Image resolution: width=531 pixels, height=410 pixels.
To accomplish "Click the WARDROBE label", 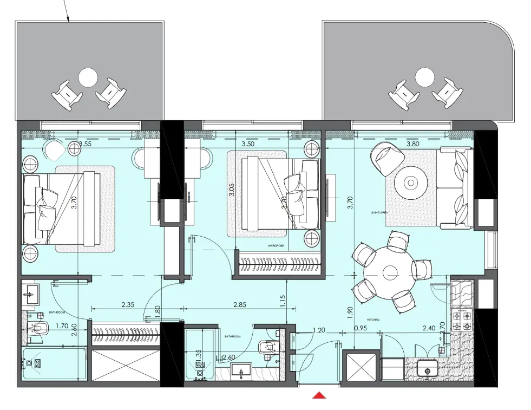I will (x=276, y=245).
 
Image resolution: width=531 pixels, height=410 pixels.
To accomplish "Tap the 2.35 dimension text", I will (x=128, y=305).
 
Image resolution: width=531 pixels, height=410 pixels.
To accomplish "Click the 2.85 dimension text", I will (x=239, y=305).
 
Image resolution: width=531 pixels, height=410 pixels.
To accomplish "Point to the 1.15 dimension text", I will (x=282, y=301).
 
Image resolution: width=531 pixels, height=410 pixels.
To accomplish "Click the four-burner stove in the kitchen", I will (x=463, y=320).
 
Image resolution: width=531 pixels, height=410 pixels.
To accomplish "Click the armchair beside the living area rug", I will (x=387, y=159).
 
